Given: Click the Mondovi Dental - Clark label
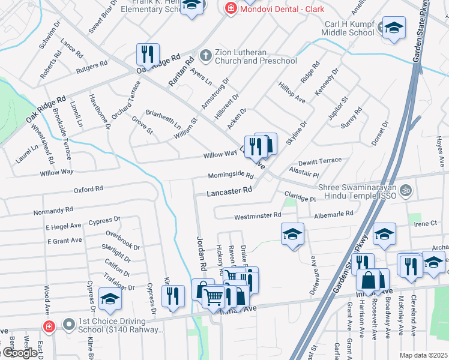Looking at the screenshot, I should click(x=282, y=9).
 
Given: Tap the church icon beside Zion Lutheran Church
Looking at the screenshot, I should click(x=205, y=55).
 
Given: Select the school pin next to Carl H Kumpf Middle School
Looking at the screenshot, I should click(x=394, y=29).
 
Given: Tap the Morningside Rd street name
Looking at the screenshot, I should click(x=231, y=175).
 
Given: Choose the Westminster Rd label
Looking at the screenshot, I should click(x=258, y=215).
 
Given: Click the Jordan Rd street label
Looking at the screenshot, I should click(x=201, y=253).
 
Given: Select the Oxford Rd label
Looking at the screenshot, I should click(x=88, y=190).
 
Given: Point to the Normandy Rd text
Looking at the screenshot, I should click(x=53, y=211).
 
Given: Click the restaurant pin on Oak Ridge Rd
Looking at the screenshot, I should click(x=147, y=54).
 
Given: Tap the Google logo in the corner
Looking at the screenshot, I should click(x=19, y=353).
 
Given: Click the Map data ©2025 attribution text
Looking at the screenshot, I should click(x=423, y=355).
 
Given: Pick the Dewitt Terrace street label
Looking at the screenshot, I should click(x=319, y=162).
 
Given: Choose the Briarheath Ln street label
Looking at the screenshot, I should click(x=163, y=119).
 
